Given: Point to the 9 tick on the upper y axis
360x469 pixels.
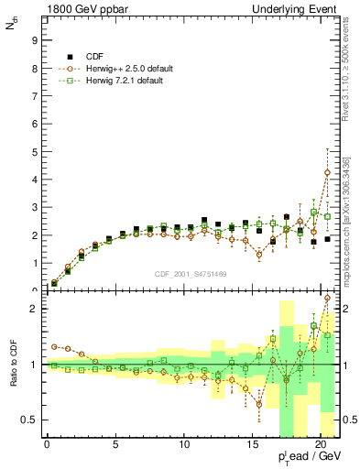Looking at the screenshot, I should coord(32,40).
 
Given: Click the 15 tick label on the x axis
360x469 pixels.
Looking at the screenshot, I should coord(252,445).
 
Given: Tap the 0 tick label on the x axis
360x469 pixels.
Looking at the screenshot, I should coord(47,445).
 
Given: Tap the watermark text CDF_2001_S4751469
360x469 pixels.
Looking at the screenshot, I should coord(190,272).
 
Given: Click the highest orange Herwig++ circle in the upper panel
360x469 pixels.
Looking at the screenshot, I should coord(328,172).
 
